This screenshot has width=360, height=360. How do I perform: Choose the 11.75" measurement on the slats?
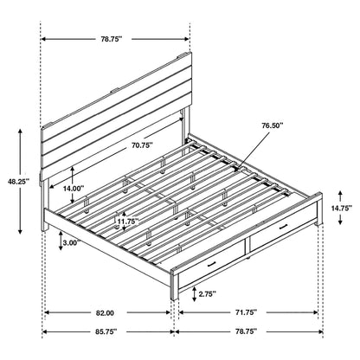pyautogui.click(x=125, y=221)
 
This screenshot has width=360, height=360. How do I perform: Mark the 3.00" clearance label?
pyautogui.click(x=74, y=244)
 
